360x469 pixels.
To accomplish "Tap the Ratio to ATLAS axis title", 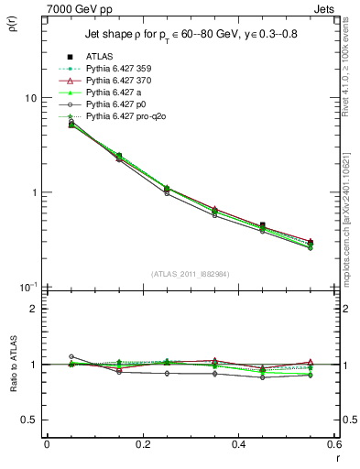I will tap(13, 390).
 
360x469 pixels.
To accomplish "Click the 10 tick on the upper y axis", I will tap(30, 98).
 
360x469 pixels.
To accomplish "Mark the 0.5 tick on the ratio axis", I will tap(28, 420).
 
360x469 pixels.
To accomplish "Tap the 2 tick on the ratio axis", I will tap(33, 309).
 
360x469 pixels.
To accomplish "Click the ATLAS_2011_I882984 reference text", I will tap(191, 274).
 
